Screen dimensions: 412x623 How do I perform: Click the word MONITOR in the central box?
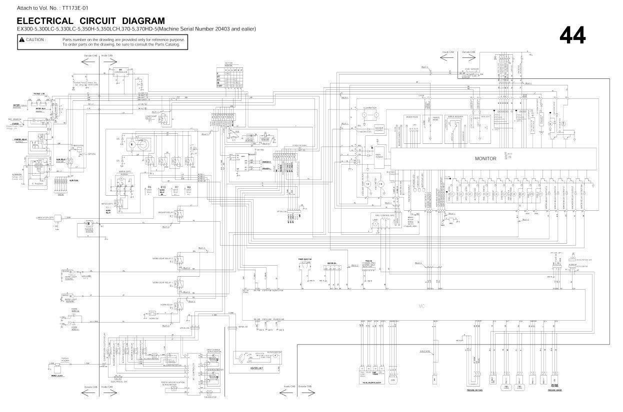[485, 158]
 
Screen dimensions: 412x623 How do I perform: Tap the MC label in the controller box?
[421, 305]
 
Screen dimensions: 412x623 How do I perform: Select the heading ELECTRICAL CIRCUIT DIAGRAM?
[90, 21]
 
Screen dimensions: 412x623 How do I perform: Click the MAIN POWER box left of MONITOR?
[379, 156]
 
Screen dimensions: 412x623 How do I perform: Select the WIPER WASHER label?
[455, 116]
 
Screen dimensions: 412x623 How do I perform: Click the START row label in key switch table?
[219, 86]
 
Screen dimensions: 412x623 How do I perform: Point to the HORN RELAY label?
[167, 304]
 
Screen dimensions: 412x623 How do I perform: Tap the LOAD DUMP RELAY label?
[151, 117]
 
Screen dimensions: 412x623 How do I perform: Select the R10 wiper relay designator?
[162, 187]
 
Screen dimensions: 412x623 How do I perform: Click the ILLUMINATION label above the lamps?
[370, 108]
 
